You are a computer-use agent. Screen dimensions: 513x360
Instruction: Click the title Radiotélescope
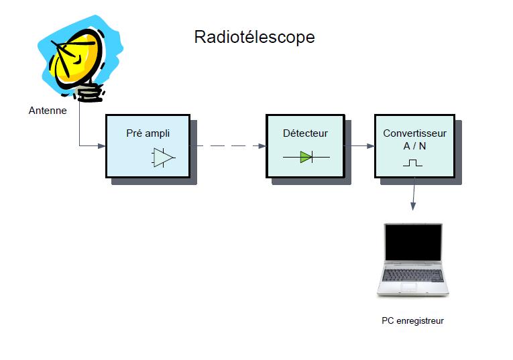[254, 37]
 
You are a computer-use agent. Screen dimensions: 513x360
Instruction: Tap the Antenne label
[48, 111]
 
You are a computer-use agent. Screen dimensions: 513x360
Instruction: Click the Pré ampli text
[148, 133]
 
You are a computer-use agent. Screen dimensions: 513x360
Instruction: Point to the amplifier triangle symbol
[164, 158]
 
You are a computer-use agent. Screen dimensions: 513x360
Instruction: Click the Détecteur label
[305, 133]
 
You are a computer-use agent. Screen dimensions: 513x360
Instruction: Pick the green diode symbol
[306, 157]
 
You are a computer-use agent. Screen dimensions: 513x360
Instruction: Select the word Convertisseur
[414, 133]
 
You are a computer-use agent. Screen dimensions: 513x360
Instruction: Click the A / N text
[414, 146]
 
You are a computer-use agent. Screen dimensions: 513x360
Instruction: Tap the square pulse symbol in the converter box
[412, 163]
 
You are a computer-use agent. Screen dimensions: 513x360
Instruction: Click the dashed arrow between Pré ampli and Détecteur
[228, 146]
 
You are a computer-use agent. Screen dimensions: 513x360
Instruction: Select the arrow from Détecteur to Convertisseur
[359, 146]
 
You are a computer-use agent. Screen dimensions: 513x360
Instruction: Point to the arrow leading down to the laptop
[414, 194]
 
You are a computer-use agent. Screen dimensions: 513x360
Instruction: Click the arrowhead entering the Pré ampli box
[102, 146]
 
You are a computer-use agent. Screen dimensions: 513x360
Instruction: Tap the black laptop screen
[413, 242]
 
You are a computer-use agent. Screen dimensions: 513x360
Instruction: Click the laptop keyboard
[413, 276]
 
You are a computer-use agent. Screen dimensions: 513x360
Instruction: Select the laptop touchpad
[408, 287]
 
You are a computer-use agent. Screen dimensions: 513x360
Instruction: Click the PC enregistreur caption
[412, 320]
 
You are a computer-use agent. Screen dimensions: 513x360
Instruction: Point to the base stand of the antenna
[89, 93]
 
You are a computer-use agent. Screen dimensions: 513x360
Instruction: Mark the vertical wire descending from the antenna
[80, 123]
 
